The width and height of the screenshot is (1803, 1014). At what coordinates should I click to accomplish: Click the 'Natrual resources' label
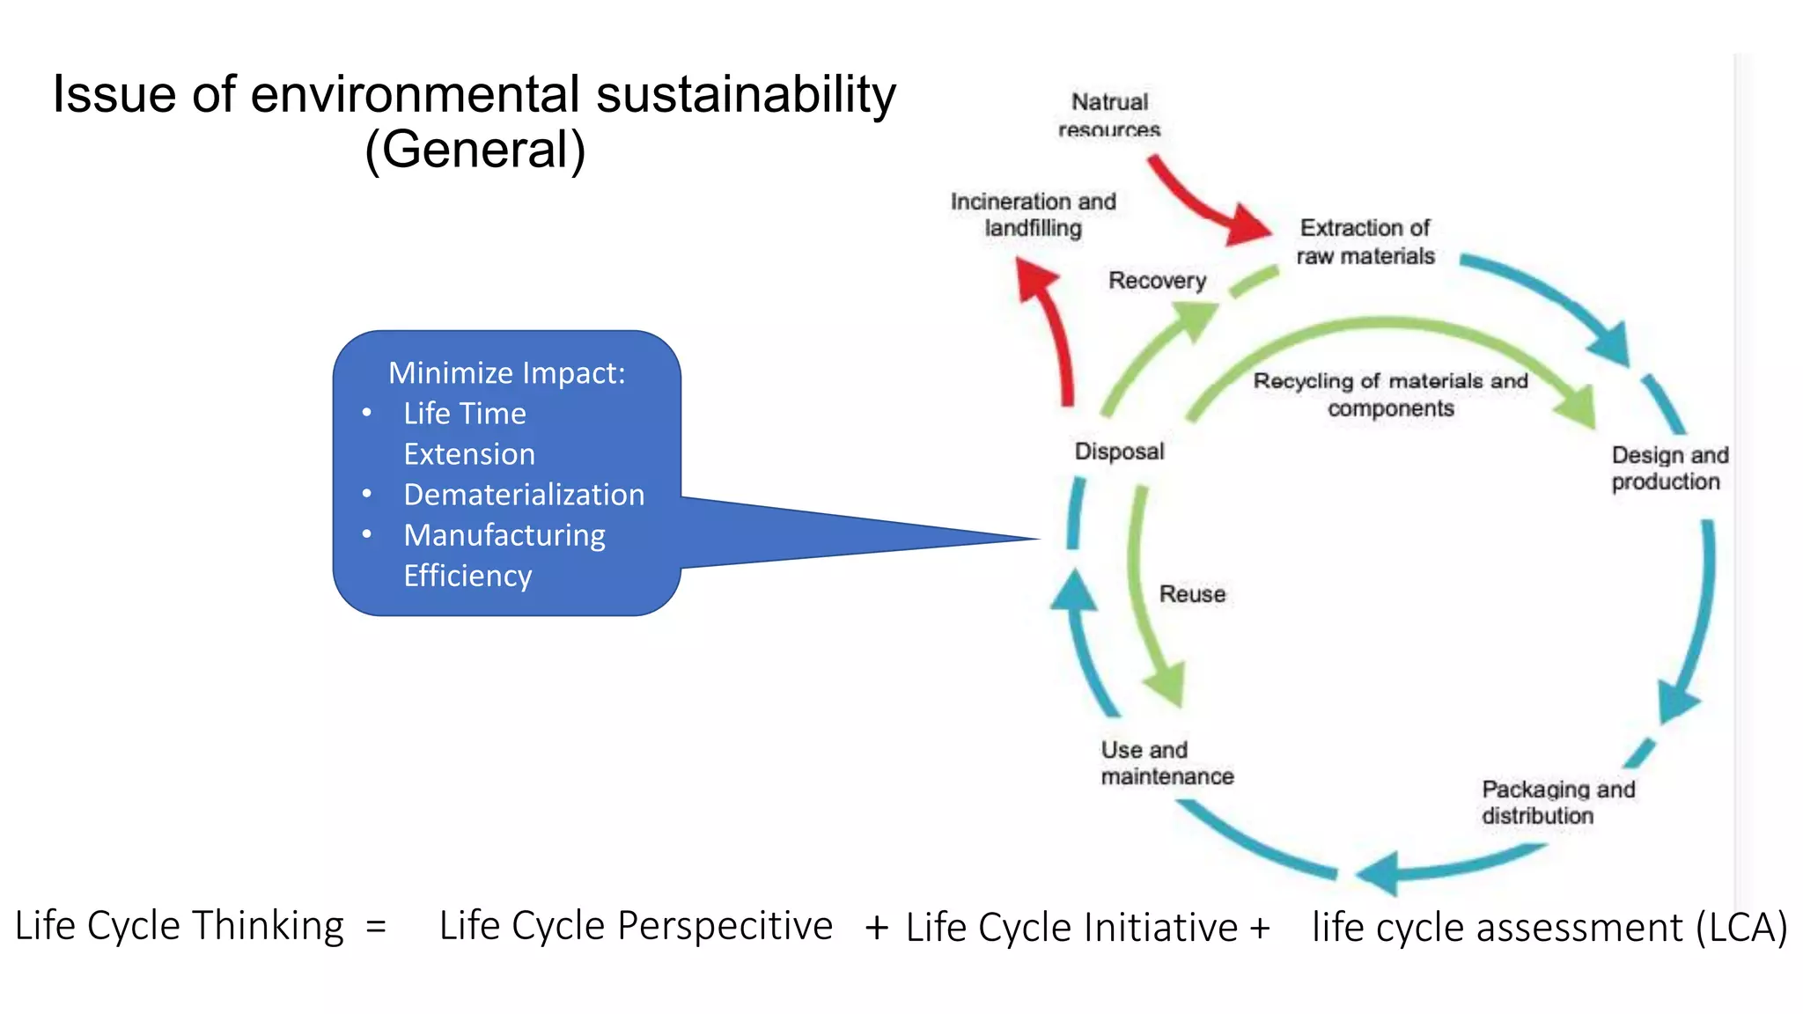[x=1109, y=115]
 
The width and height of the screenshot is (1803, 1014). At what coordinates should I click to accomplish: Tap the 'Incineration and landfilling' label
[x=1033, y=215]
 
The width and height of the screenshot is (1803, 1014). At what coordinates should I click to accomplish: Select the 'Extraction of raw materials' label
[x=1365, y=242]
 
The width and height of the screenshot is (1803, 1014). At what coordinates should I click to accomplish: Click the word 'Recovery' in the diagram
[x=1157, y=281]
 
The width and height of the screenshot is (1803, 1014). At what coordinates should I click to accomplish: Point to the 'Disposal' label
[x=1119, y=452]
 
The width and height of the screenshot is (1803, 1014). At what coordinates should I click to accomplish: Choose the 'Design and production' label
[x=1669, y=468]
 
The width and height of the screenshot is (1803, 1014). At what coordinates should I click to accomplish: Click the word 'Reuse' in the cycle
[x=1192, y=594]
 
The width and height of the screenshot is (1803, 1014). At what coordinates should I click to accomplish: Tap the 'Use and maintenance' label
[x=1166, y=763]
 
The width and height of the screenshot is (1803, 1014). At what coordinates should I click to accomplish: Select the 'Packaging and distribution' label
[x=1557, y=802]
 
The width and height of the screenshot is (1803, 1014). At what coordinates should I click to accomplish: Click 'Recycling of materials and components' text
[x=1390, y=394]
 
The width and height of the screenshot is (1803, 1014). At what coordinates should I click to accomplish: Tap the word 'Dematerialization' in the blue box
[x=524, y=495]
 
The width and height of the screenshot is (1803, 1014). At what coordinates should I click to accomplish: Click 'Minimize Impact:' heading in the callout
[x=506, y=373]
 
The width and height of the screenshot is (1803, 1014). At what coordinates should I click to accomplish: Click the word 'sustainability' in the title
[x=746, y=94]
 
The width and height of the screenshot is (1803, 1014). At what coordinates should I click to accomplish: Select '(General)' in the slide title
[x=475, y=150]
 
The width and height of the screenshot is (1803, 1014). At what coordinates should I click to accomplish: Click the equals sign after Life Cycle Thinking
[x=376, y=927]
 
